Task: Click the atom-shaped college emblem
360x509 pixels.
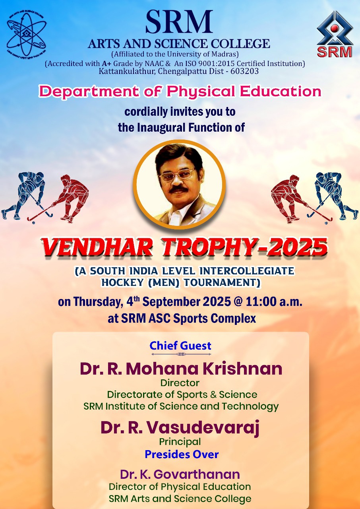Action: pos(27,34)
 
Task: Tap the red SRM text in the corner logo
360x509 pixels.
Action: pos(334,52)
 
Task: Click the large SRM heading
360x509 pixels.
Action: pos(179,21)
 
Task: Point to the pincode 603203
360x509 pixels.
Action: pos(244,71)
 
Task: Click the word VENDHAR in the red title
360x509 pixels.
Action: pos(97,247)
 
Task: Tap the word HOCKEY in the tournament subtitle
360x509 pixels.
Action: pos(122,282)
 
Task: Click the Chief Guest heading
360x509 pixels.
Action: pos(180,346)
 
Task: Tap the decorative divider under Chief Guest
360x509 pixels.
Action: pos(181,354)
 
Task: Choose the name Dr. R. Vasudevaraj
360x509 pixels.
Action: pos(180,427)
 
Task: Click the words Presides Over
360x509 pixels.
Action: pos(182,455)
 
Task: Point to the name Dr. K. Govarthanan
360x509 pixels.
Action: pos(180,474)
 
